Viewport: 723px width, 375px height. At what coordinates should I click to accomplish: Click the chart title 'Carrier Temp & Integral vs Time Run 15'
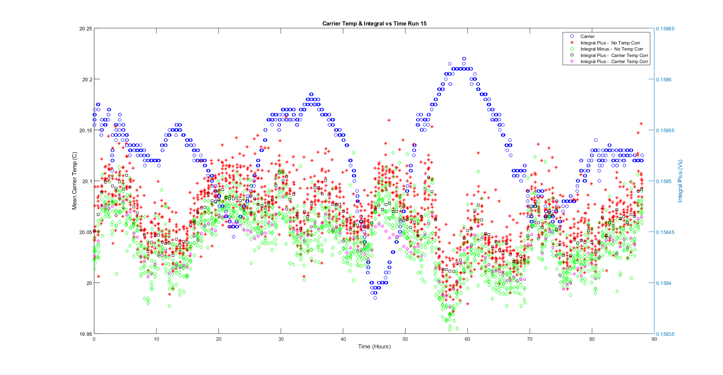point(374,24)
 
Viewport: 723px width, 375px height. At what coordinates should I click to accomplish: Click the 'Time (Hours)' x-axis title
point(374,347)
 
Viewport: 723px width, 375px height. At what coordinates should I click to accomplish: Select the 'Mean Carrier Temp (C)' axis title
point(74,181)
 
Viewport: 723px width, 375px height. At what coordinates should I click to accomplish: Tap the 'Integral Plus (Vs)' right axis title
point(680,181)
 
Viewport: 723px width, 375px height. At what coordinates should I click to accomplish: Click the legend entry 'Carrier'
point(587,36)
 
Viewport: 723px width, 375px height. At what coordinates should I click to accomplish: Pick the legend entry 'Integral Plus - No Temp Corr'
point(610,43)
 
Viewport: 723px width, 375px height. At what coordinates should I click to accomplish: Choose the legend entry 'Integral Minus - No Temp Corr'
point(611,49)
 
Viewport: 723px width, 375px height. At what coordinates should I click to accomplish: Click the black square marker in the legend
point(572,55)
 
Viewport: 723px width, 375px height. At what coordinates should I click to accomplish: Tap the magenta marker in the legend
point(572,62)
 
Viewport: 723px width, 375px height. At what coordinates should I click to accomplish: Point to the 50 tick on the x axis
point(405,339)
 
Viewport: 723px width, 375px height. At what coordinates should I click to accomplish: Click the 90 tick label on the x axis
point(654,339)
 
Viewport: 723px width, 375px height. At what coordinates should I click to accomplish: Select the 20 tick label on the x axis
point(219,339)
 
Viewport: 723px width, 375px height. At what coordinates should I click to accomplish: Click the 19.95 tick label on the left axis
point(85,334)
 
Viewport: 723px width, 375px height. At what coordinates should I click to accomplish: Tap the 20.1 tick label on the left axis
point(87,181)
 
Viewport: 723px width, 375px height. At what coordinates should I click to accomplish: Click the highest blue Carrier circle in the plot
point(464,59)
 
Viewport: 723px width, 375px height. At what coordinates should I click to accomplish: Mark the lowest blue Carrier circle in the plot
point(375,298)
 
